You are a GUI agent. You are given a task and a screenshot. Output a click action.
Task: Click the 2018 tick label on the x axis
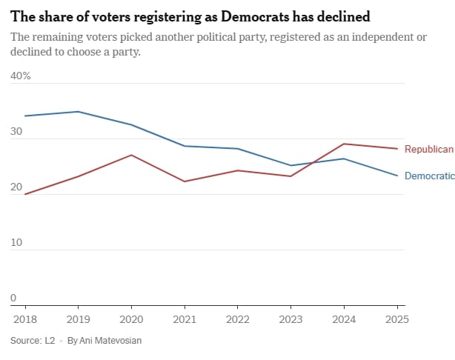click(25, 319)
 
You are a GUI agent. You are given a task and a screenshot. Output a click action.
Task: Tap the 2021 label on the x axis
click(185, 319)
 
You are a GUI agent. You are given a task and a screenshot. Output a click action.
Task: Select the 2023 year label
click(290, 319)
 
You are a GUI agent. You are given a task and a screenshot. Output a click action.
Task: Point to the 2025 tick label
click(396, 319)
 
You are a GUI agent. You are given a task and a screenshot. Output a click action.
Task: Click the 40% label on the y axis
click(20, 76)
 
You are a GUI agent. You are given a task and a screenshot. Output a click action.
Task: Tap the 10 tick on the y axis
click(16, 243)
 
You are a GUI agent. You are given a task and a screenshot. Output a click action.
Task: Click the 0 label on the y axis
click(13, 299)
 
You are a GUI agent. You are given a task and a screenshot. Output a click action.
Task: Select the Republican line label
click(428, 150)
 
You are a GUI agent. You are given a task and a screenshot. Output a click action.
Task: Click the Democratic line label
click(429, 176)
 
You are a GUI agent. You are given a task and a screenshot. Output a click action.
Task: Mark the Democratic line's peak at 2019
click(79, 112)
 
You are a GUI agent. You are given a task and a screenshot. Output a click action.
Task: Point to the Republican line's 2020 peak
click(131, 155)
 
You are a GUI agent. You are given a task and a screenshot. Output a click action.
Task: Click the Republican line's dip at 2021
click(185, 181)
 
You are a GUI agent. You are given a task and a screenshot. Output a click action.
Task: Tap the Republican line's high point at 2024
click(343, 144)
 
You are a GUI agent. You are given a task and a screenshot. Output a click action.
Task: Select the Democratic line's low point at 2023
click(290, 165)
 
